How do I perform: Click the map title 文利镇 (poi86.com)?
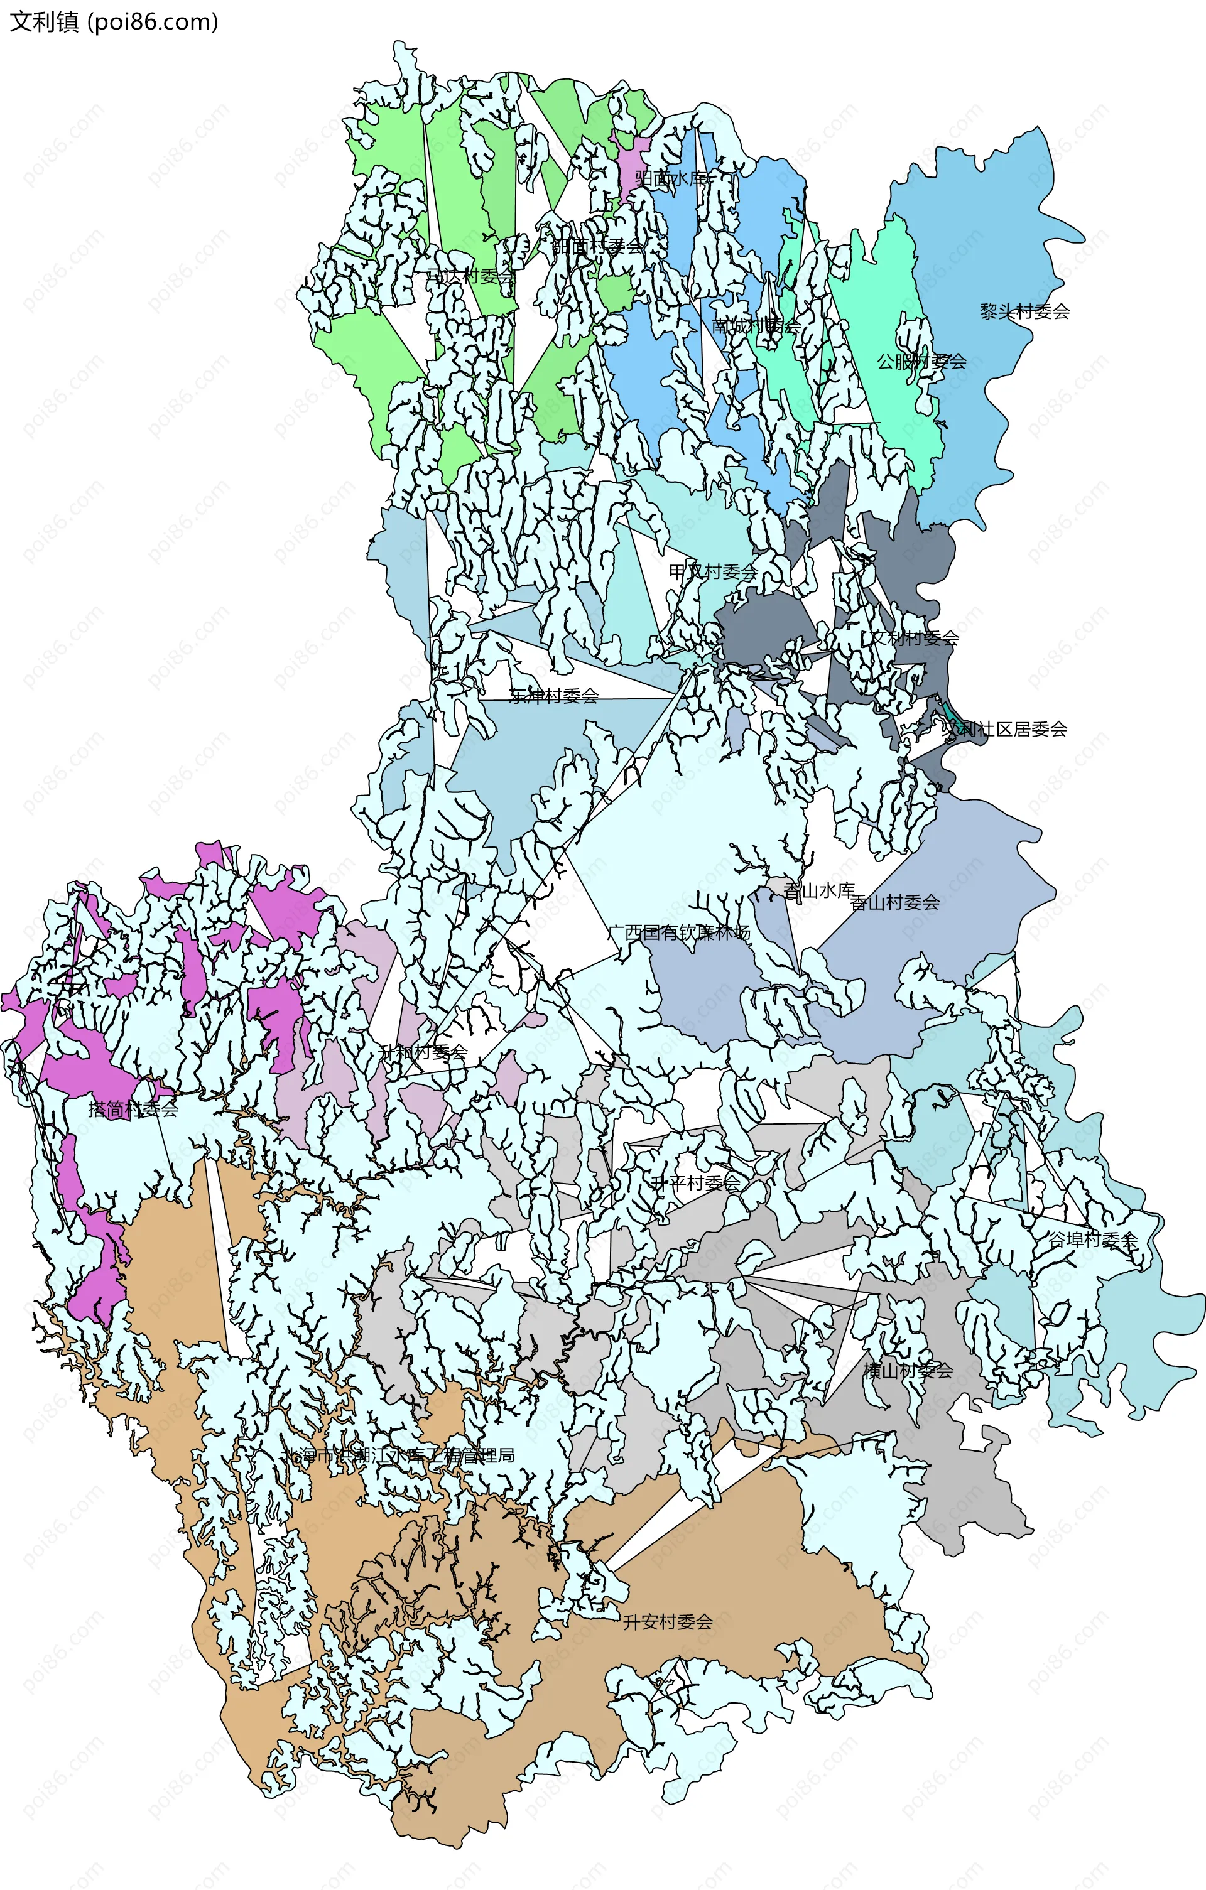[114, 21]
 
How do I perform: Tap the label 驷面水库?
[671, 178]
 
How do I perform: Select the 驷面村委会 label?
[597, 246]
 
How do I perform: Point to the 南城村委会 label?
[756, 326]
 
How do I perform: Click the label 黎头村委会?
[1024, 311]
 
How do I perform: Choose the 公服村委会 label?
[922, 362]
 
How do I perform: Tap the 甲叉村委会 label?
[713, 571]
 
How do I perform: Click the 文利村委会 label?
[914, 637]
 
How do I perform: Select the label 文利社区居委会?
[1004, 729]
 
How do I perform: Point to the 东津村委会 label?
[553, 696]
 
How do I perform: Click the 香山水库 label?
[819, 891]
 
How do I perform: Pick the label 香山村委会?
[895, 903]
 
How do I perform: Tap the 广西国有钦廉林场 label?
[679, 932]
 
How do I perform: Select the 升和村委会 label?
[423, 1052]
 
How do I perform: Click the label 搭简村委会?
[133, 1109]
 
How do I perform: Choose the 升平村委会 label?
[696, 1183]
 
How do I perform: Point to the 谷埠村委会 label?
[1094, 1240]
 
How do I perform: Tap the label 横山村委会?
[908, 1370]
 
